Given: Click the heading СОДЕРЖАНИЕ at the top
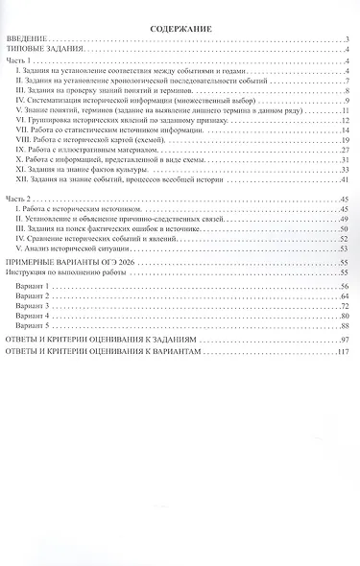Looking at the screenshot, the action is coord(180,29).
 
